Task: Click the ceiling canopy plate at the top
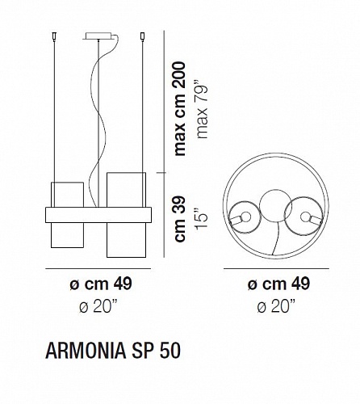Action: point(98,36)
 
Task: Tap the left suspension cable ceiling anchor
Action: point(54,36)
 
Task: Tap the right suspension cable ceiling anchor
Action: point(142,36)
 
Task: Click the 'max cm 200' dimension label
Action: point(180,109)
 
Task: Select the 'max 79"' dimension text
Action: point(203,112)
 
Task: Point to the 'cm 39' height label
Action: point(180,219)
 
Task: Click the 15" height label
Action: point(202,219)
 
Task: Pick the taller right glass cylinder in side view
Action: point(126,215)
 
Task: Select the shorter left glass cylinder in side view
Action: point(67,215)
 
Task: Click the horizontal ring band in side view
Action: point(98,215)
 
